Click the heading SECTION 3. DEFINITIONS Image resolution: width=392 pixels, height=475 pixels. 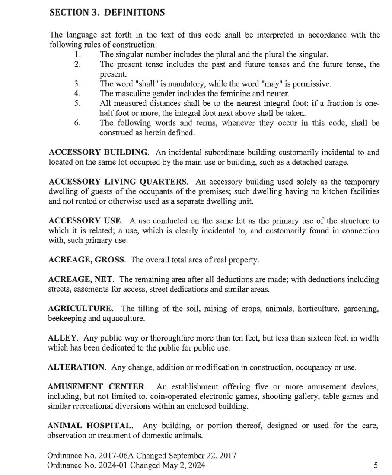107,12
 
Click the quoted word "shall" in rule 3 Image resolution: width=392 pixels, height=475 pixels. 138,83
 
